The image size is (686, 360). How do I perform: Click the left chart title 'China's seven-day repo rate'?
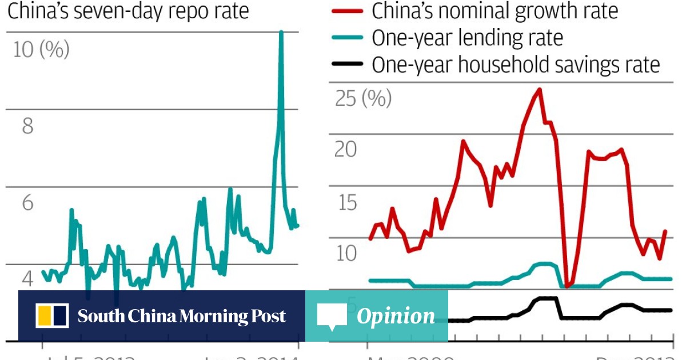click(x=128, y=11)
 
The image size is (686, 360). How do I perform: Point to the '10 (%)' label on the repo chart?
click(x=41, y=50)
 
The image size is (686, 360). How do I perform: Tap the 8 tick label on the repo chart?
click(x=27, y=126)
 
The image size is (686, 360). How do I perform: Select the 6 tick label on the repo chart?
click(x=27, y=203)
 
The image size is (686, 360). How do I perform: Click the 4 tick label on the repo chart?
click(x=27, y=279)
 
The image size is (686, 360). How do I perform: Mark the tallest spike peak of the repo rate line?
click(x=281, y=32)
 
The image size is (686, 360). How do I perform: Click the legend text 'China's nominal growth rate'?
click(x=494, y=11)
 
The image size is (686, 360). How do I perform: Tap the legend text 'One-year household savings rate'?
click(x=516, y=64)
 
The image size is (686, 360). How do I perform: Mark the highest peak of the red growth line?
click(x=539, y=89)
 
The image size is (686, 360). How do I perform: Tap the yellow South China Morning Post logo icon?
click(x=53, y=316)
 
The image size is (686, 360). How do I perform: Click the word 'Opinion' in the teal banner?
click(x=396, y=316)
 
